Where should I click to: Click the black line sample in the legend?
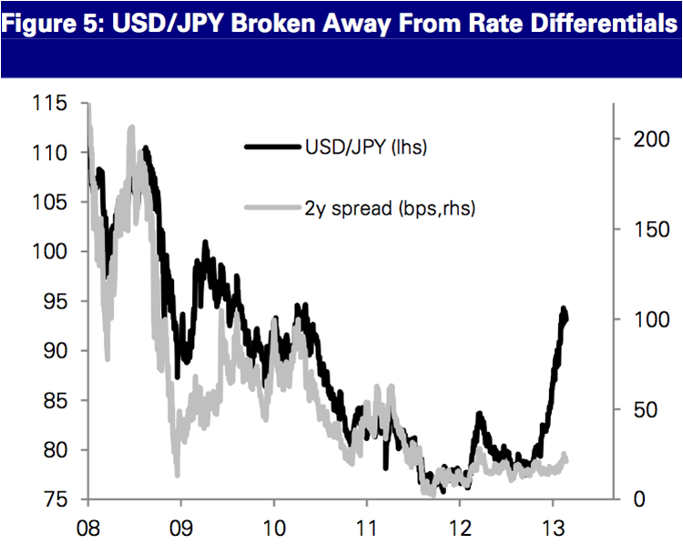[x=272, y=146]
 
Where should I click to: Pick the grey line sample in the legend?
[x=272, y=209]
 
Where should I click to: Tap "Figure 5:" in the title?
[x=53, y=24]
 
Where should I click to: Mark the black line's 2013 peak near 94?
[x=563, y=309]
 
